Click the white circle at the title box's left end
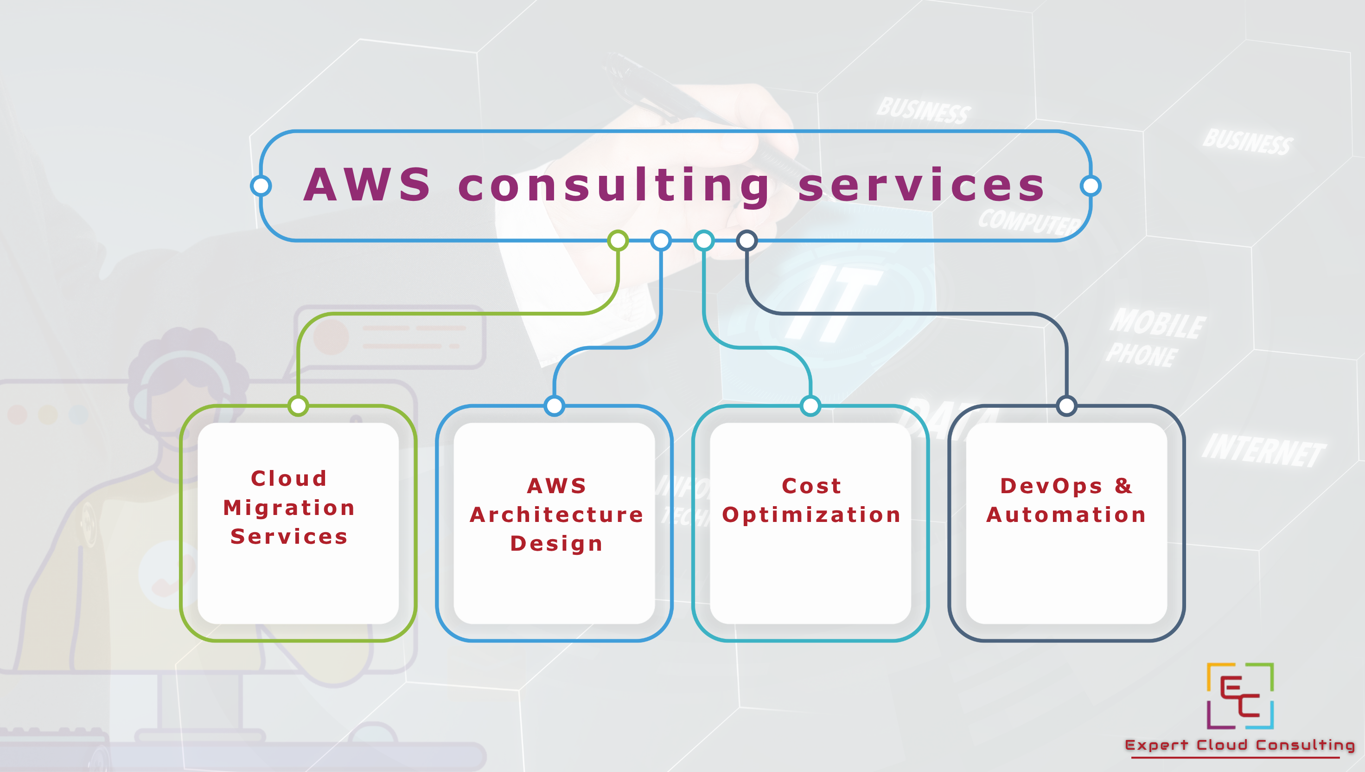tap(261, 186)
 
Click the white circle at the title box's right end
tap(1091, 186)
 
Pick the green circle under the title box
tap(618, 240)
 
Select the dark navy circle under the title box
tap(746, 240)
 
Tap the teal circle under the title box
tap(704, 240)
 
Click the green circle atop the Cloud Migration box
tap(298, 405)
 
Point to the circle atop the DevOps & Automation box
tap(1067, 405)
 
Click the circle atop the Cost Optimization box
tap(811, 405)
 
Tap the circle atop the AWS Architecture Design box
tap(554, 405)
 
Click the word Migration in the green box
tap(289, 508)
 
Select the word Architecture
tap(556, 515)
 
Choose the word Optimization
tap(811, 515)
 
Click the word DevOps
tap(1051, 486)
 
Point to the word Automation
tap(1066, 515)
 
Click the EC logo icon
tap(1240, 695)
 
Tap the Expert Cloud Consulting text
tap(1240, 745)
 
